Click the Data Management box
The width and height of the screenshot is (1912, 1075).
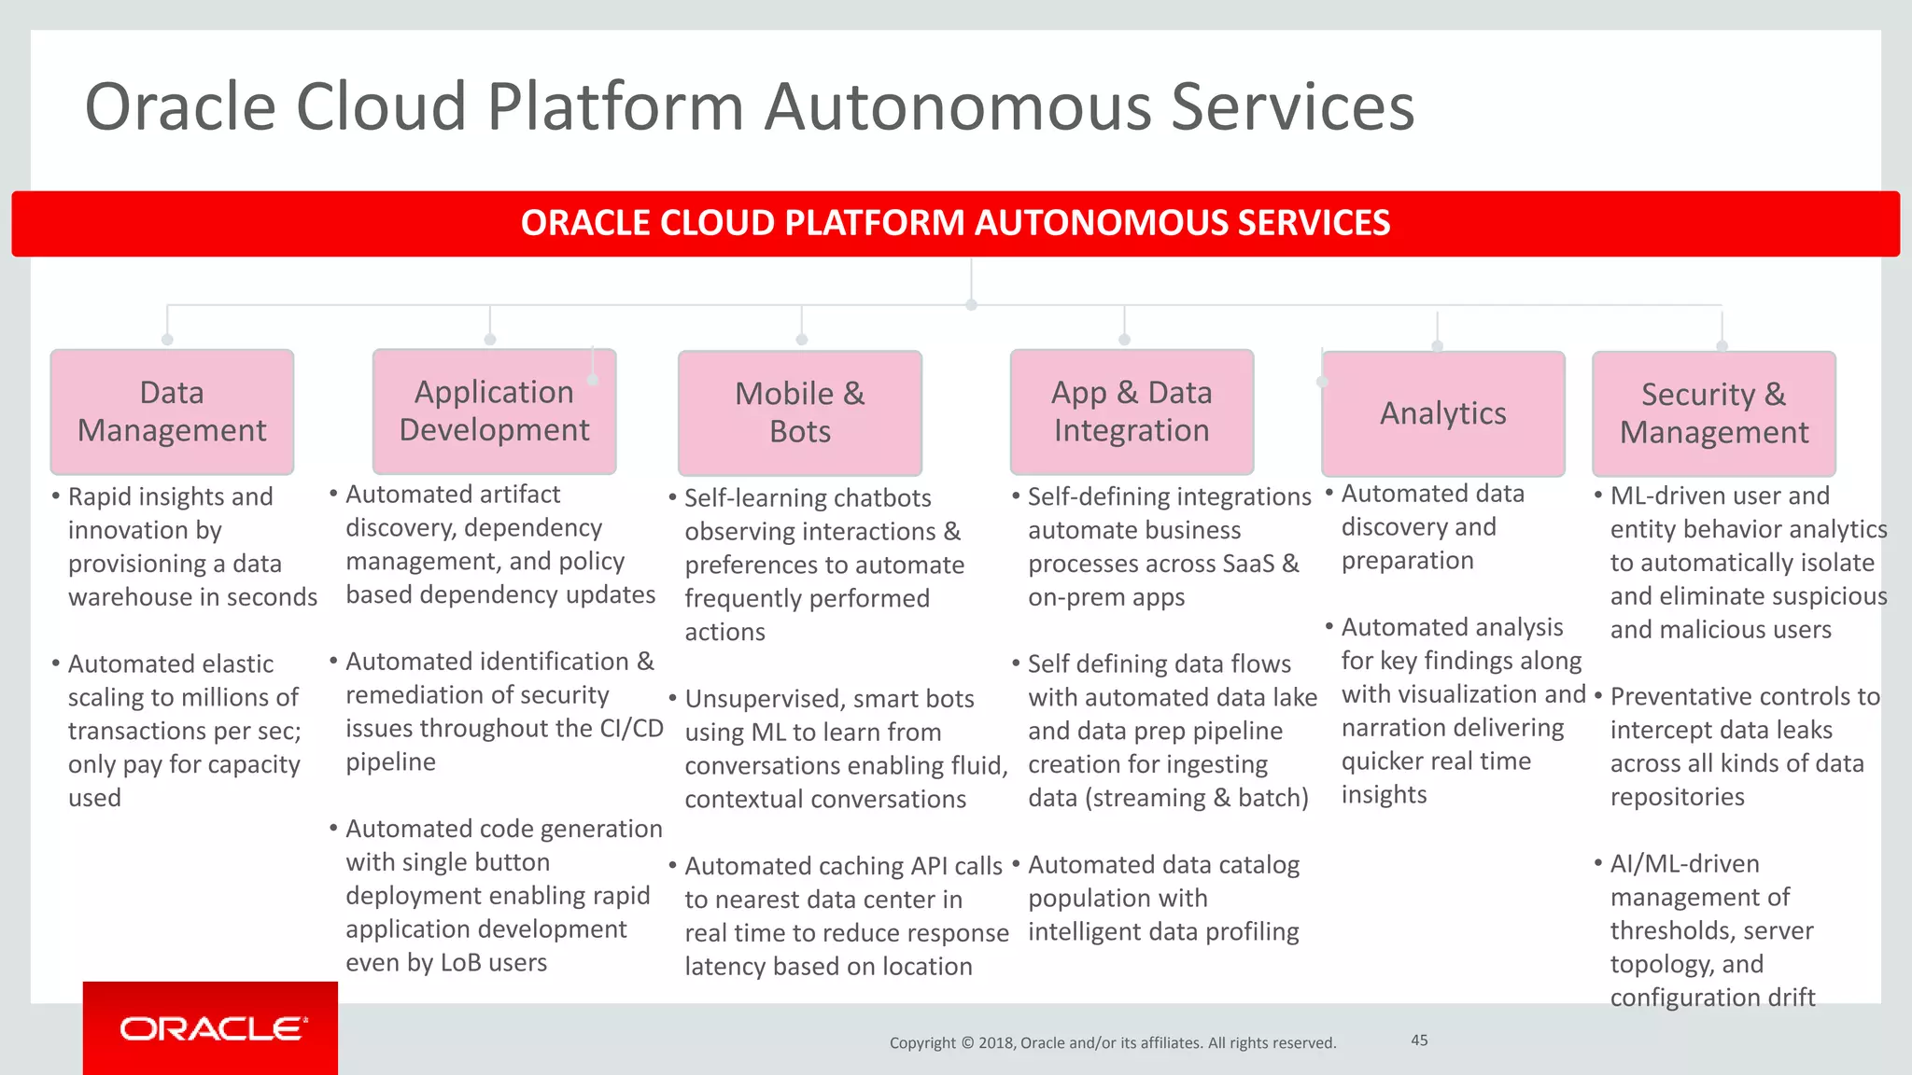point(172,412)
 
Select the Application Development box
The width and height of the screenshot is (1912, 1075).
point(494,412)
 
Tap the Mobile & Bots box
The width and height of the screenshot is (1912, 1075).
point(800,412)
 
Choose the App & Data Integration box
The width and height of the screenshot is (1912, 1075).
point(1132,412)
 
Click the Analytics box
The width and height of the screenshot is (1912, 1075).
point(1443,413)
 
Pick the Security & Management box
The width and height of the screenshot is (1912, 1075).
point(1714,413)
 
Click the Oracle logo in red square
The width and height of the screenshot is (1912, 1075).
point(211,1028)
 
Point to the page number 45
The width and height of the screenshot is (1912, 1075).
point(1419,1040)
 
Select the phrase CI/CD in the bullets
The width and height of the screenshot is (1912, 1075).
point(631,728)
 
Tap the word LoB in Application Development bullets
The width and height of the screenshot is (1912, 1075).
point(460,962)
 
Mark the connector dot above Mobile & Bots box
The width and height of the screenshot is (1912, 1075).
point(801,340)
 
